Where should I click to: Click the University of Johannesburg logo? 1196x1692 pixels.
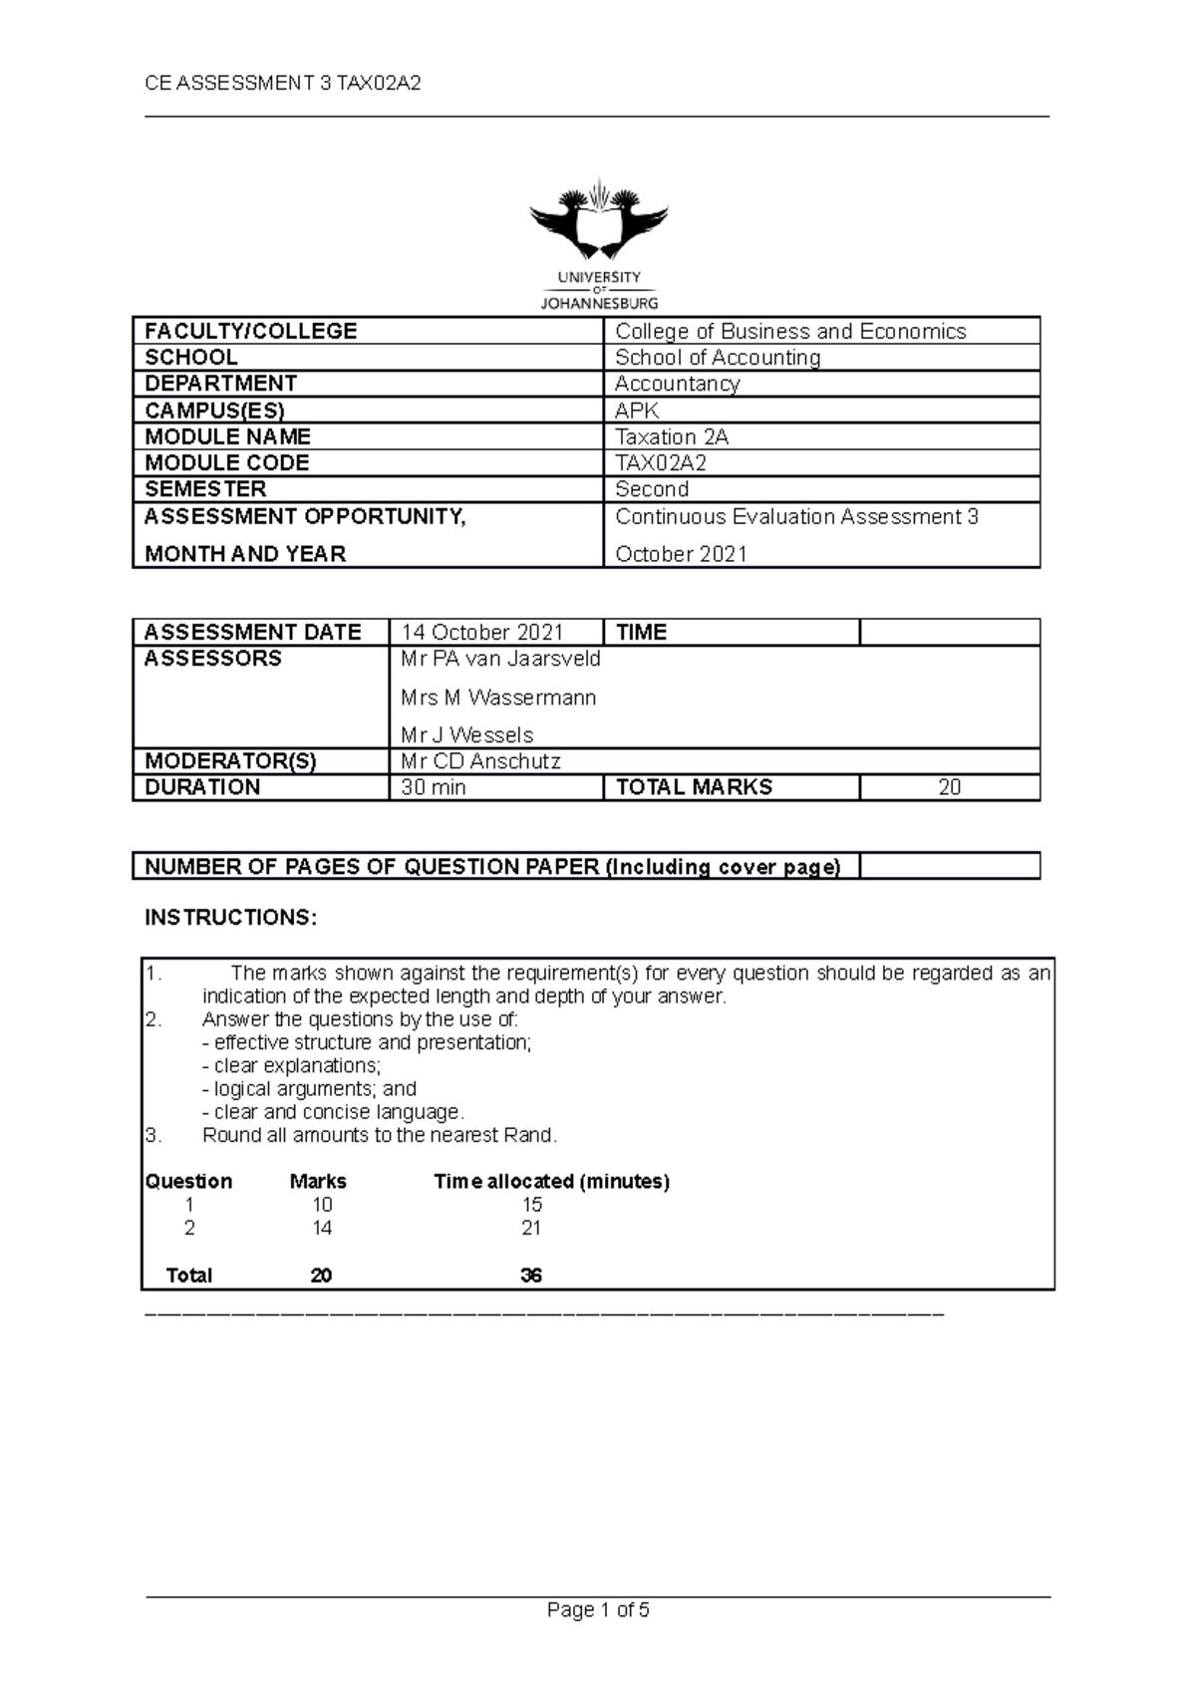coord(598,244)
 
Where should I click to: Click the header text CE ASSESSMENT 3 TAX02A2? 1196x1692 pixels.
coord(283,84)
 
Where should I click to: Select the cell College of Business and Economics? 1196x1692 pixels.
coord(790,332)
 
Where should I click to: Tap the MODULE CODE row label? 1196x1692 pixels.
coord(227,463)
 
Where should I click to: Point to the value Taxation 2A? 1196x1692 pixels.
coord(672,437)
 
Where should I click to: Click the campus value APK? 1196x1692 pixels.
coord(637,411)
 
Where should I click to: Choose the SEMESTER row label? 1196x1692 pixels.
coord(205,489)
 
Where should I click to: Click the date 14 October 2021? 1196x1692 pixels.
coord(482,633)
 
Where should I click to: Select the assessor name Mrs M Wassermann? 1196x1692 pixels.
coord(498,698)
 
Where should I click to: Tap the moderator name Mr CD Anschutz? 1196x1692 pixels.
coord(480,761)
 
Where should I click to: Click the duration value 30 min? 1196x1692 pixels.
coord(434,787)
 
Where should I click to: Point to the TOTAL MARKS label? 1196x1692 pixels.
coord(695,787)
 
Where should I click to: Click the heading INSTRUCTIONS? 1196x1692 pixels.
coord(231,918)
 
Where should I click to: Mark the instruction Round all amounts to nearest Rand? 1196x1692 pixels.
coord(380,1135)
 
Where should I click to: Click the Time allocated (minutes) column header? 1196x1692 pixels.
coord(551,1182)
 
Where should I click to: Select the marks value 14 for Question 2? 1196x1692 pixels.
coord(321,1229)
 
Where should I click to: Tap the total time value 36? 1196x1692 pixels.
coord(531,1275)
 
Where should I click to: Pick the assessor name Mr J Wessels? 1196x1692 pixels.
coord(466,735)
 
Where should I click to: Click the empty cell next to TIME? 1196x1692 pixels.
coord(949,633)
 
